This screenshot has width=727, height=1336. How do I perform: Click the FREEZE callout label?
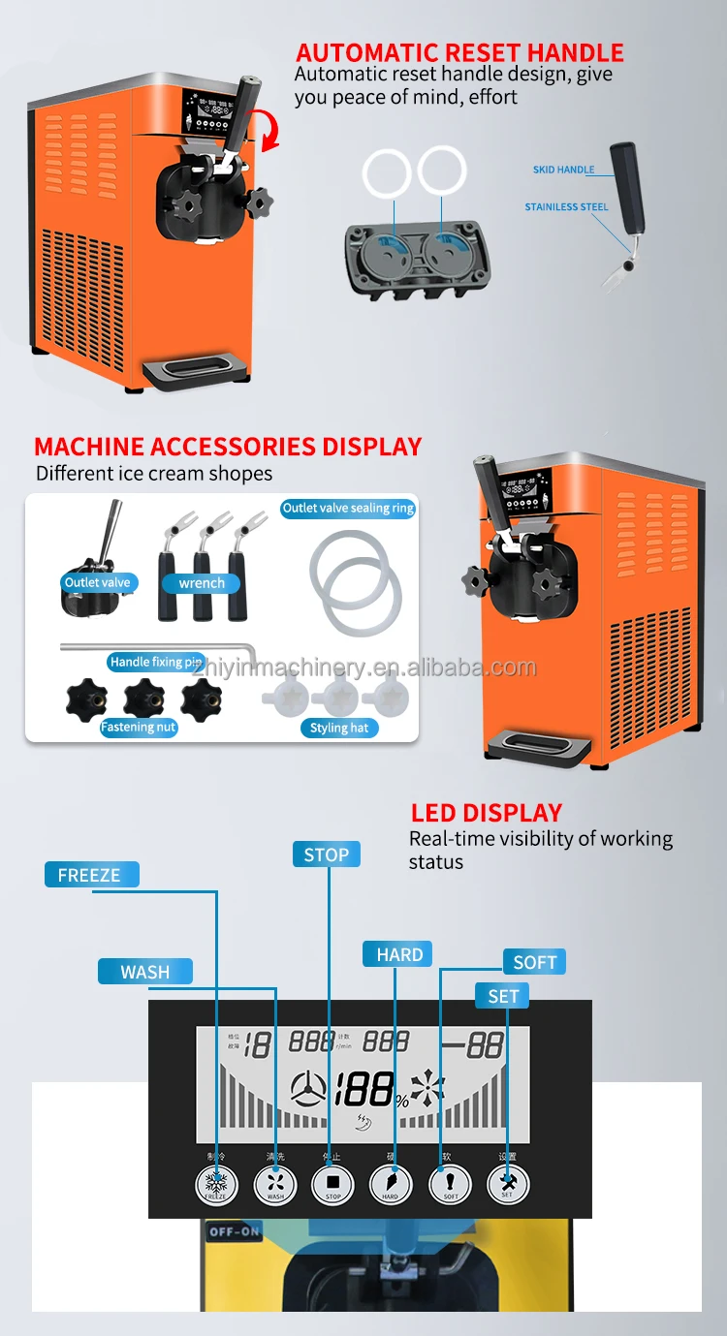tap(90, 875)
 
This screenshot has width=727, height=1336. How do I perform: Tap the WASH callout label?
tap(145, 972)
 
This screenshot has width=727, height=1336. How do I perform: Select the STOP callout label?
tap(327, 854)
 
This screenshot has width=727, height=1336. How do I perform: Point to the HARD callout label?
tap(398, 954)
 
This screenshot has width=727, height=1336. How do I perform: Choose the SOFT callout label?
tap(534, 962)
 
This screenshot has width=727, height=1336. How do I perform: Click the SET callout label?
tap(503, 996)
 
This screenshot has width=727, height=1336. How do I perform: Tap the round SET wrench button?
tap(508, 1184)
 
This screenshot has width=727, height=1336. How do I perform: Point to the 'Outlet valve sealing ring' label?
tap(348, 508)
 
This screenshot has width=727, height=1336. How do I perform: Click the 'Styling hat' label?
tap(339, 728)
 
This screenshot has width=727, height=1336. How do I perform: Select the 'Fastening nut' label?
tap(139, 727)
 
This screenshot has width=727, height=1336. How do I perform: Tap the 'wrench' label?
tap(202, 583)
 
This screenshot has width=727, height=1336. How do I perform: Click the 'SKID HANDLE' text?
tap(563, 170)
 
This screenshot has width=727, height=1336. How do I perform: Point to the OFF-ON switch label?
tap(235, 1233)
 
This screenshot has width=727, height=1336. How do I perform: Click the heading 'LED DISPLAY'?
tap(486, 813)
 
